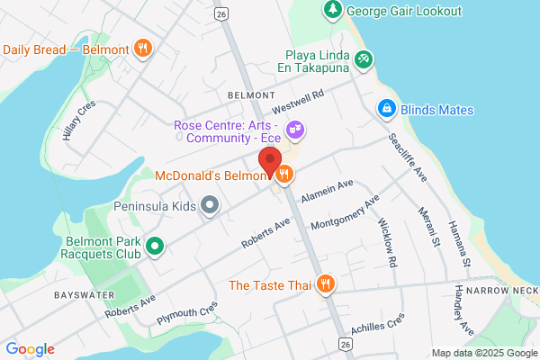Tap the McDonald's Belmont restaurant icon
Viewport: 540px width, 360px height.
(x=284, y=175)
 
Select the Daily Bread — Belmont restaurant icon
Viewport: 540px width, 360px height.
(x=141, y=49)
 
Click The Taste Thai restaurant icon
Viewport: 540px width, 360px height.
(x=326, y=285)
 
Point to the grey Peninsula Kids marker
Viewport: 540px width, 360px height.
(x=210, y=206)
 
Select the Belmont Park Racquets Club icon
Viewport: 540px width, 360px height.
(x=154, y=245)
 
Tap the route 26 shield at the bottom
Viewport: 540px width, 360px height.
(x=344, y=345)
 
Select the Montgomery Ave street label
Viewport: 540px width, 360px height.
(x=344, y=212)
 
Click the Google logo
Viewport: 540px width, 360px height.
(x=30, y=349)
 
